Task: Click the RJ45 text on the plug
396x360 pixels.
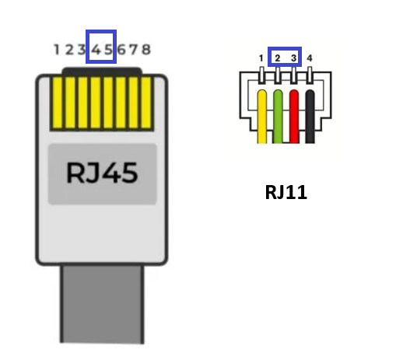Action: click(102, 173)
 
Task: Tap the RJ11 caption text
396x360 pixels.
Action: click(286, 192)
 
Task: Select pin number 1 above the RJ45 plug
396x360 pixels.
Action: click(57, 49)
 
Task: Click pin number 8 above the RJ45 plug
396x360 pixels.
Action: click(146, 49)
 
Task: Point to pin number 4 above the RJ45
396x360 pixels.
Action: click(96, 49)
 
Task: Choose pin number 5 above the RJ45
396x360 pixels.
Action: click(108, 49)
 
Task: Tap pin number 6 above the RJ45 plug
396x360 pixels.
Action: click(121, 49)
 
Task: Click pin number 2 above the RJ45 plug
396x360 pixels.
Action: click(69, 49)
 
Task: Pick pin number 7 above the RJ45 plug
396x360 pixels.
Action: click(133, 49)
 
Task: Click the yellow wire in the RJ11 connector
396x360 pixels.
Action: click(262, 117)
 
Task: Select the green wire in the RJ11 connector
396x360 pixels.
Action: click(278, 117)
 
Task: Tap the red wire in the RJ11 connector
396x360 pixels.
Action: click(294, 117)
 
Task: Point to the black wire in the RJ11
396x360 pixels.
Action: click(310, 117)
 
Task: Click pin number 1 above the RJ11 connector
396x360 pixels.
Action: click(261, 58)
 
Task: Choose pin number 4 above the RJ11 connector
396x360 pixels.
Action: click(310, 58)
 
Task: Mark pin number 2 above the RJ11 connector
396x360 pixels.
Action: click(278, 58)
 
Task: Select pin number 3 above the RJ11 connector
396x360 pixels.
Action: click(293, 58)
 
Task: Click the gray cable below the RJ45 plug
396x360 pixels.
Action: click(102, 304)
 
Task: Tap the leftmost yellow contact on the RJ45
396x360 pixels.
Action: click(58, 103)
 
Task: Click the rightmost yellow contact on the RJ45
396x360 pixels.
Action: click(146, 103)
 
